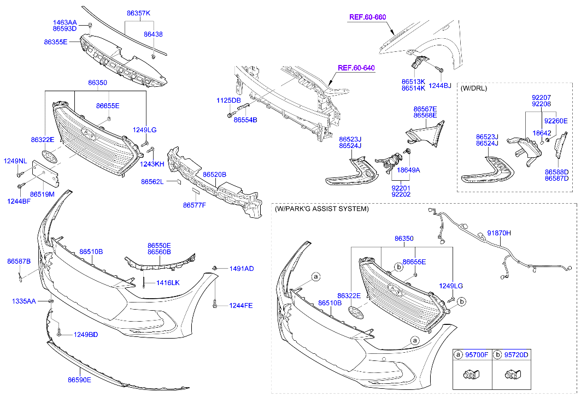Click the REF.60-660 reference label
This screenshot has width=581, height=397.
tap(367, 17)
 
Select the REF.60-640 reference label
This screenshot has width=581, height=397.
tap(356, 68)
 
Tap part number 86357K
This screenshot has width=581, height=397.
tap(138, 13)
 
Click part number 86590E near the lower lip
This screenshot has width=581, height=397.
tap(79, 379)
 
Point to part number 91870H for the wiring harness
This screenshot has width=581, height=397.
tap(498, 233)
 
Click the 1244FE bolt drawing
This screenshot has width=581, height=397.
tap(217, 304)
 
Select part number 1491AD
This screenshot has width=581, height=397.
tap(241, 269)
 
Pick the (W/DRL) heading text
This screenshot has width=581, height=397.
tap(474, 88)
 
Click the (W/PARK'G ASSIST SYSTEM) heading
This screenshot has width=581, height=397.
tap(321, 209)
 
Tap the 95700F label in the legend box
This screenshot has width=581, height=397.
tap(477, 355)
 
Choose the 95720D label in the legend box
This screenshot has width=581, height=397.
tap(516, 355)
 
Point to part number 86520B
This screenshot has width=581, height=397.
tap(214, 175)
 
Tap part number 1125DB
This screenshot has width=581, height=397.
tap(228, 100)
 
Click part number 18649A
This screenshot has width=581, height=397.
tap(408, 170)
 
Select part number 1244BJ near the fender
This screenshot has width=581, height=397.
tap(439, 86)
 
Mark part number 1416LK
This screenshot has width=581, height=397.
tap(168, 282)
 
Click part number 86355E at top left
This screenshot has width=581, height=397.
tap(56, 42)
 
